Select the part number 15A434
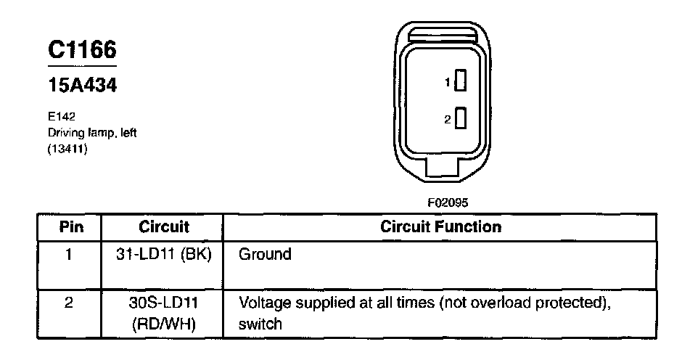[82, 86]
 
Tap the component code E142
[61, 116]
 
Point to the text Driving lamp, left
[92, 133]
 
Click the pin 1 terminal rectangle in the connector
[460, 81]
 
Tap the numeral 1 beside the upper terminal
[448, 82]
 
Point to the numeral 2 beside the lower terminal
[448, 118]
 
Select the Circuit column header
[164, 227]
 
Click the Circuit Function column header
[440, 227]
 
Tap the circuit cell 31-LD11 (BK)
[164, 255]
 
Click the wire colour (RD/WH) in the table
[164, 323]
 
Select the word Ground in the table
[265, 255]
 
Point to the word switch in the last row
[260, 324]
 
